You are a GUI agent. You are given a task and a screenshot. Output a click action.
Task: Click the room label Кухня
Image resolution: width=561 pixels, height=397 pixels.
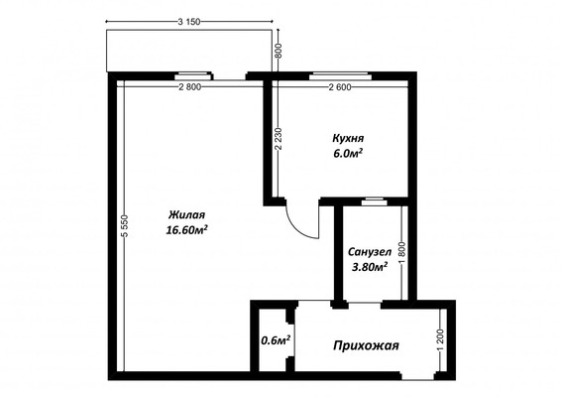(x=347, y=139)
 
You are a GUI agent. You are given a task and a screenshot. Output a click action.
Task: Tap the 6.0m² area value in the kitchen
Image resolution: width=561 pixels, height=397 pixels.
(x=347, y=155)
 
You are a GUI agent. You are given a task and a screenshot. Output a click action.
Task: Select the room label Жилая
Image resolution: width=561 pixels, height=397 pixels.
(x=186, y=213)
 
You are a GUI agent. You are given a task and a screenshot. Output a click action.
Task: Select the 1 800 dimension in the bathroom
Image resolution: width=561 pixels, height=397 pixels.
(x=402, y=250)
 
